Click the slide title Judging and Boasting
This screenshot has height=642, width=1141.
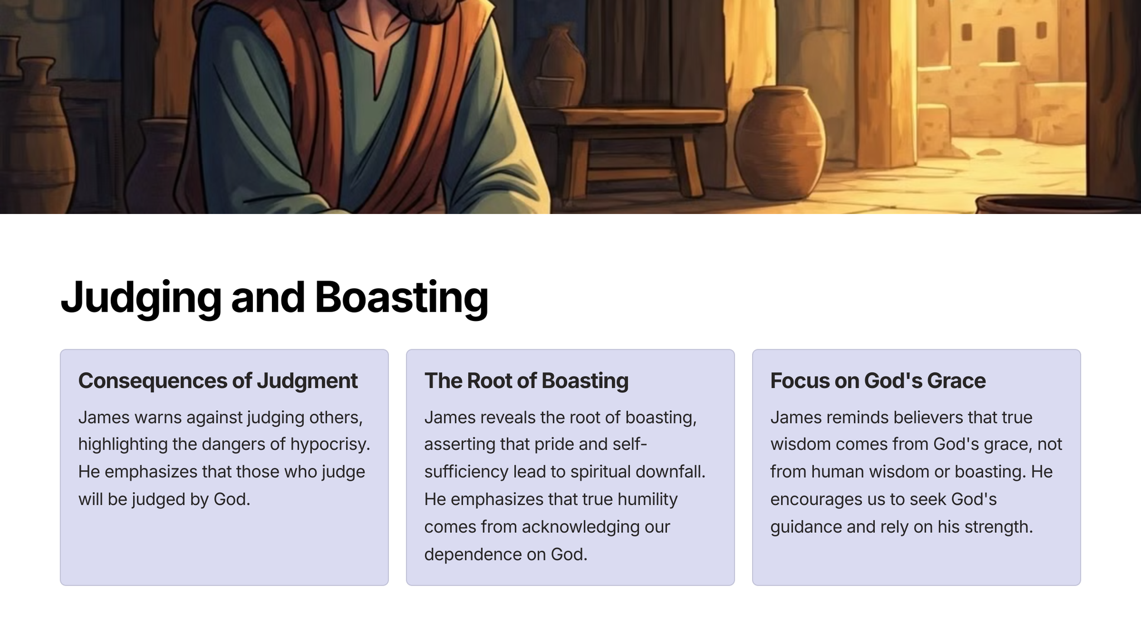(x=274, y=297)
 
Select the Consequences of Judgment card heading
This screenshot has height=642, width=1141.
(x=218, y=381)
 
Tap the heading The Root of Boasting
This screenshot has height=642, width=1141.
(x=526, y=381)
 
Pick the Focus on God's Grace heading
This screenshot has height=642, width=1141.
(x=878, y=381)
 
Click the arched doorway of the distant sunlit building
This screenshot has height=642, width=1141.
(x=1006, y=45)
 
